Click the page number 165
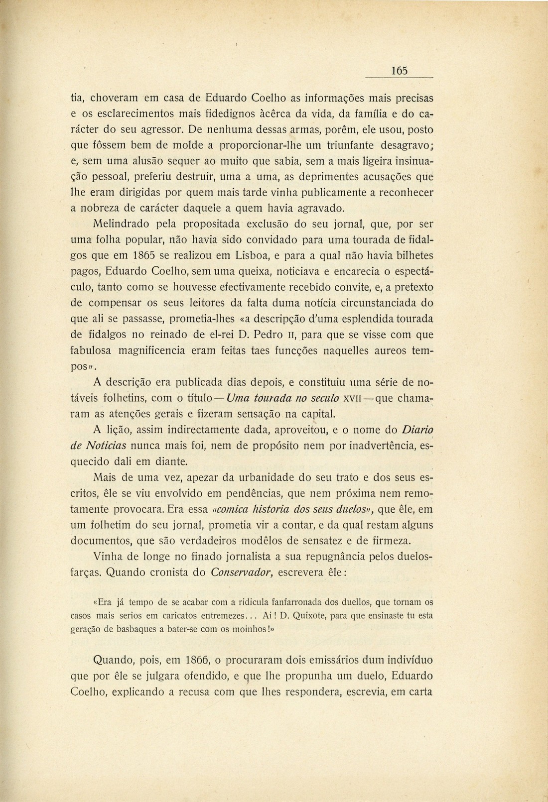[x=400, y=71]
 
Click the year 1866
[x=197, y=661]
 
